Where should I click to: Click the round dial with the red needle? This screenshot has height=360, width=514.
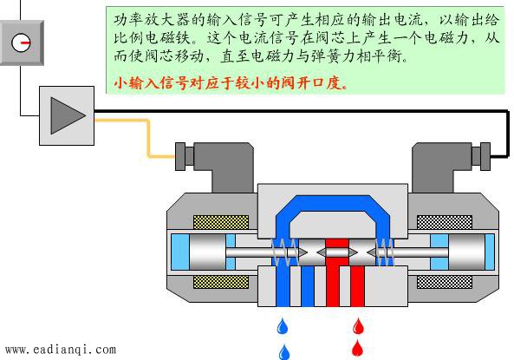pos(21,43)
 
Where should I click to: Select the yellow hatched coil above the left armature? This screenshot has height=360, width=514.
pos(221,222)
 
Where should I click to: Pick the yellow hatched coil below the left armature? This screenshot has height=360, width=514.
pos(221,282)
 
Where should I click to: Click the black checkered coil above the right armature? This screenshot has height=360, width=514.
pos(445,222)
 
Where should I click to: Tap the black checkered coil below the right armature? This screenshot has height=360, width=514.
pos(445,282)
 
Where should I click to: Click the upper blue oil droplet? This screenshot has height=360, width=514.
pos(283,326)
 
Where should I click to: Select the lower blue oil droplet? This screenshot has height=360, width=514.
pos(284,352)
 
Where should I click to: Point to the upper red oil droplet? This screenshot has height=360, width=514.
pos(358,326)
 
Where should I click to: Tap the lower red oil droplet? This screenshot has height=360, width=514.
pos(357,348)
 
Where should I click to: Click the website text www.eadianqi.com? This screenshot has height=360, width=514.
pos(61,350)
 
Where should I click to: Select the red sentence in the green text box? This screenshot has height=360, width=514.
pos(231,83)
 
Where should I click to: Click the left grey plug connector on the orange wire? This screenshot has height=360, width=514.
pos(185,156)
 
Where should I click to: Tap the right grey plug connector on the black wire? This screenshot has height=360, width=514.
pos(481,156)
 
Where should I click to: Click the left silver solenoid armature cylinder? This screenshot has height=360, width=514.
pos(207,252)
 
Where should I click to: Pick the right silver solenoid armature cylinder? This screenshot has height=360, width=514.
pos(466,252)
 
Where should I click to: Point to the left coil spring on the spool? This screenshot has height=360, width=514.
pos(285,252)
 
